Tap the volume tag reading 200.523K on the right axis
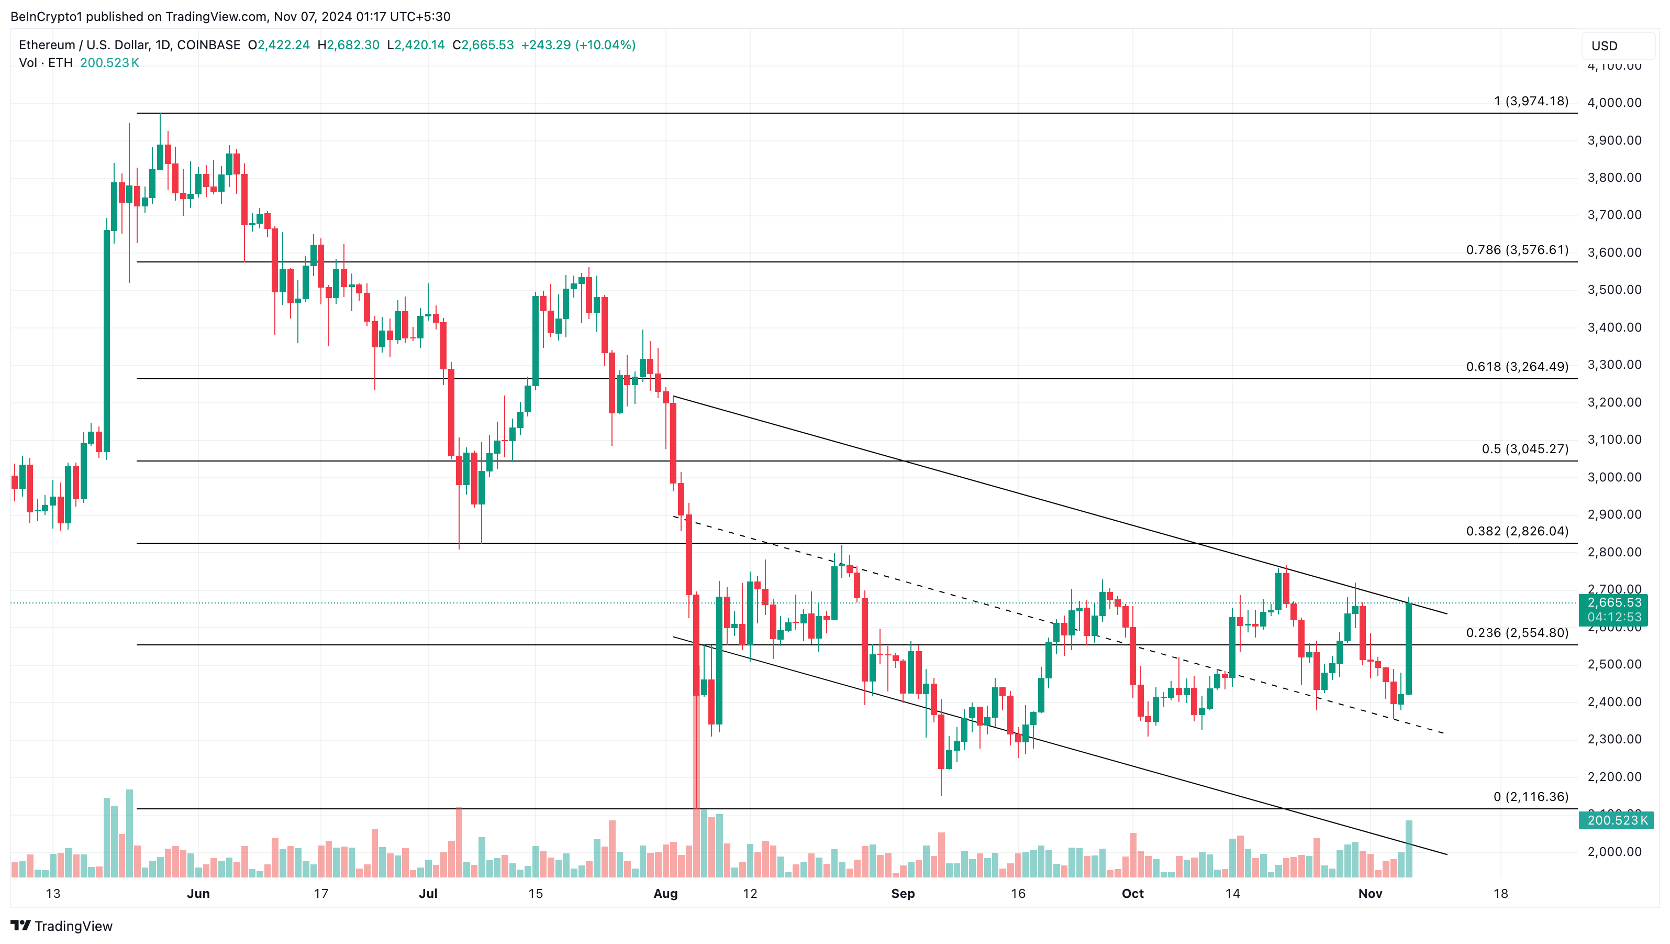(x=1617, y=820)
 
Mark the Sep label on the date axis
(x=903, y=893)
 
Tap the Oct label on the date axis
(x=1132, y=893)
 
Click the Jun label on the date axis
(x=198, y=893)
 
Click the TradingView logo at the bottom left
(x=62, y=926)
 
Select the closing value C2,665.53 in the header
(x=483, y=45)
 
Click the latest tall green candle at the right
(x=1409, y=649)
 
